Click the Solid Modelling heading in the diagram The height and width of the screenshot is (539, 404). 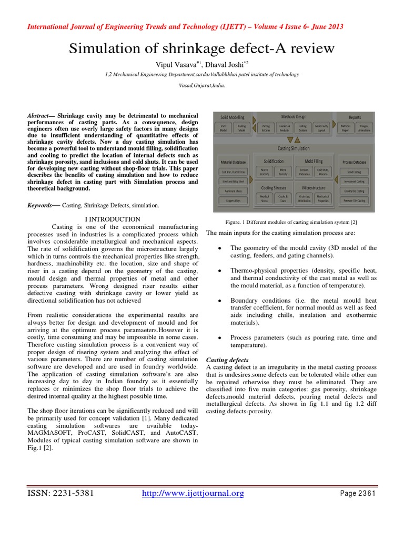tap(232, 117)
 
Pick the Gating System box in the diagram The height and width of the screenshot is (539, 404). tap(303, 127)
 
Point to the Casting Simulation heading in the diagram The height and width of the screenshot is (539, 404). tap(294, 149)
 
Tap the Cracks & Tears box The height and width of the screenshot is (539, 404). tap(283, 198)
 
